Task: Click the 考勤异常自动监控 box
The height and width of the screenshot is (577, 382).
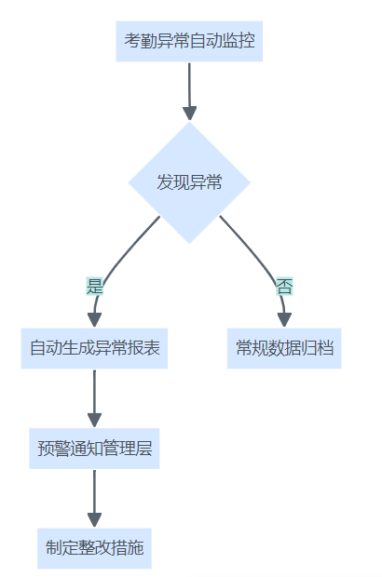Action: pyautogui.click(x=189, y=41)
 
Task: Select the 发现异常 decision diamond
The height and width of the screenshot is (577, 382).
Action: pyautogui.click(x=189, y=182)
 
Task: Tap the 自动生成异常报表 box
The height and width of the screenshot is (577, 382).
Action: pyautogui.click(x=94, y=348)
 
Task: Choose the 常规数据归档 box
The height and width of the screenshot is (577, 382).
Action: pyautogui.click(x=284, y=348)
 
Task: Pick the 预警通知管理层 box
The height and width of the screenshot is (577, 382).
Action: pyautogui.click(x=94, y=449)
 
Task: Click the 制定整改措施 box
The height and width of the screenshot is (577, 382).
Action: pyautogui.click(x=94, y=548)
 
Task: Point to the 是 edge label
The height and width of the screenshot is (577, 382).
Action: pyautogui.click(x=94, y=287)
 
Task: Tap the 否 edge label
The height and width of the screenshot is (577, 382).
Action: pyautogui.click(x=284, y=287)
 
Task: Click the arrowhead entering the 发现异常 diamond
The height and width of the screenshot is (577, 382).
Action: pyautogui.click(x=190, y=114)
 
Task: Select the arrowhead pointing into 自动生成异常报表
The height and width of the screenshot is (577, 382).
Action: pyautogui.click(x=94, y=320)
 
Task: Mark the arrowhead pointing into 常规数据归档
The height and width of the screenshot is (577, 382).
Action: pyautogui.click(x=284, y=320)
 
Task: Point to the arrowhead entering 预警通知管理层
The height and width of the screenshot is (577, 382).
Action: pyautogui.click(x=94, y=421)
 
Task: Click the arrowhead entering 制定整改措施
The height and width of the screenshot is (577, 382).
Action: pyautogui.click(x=94, y=520)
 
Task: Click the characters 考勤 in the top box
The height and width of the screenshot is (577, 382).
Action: pyautogui.click(x=141, y=41)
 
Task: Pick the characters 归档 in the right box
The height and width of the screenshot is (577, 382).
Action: pyautogui.click(x=318, y=348)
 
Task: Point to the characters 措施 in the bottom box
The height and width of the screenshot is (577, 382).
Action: pyautogui.click(x=128, y=548)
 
